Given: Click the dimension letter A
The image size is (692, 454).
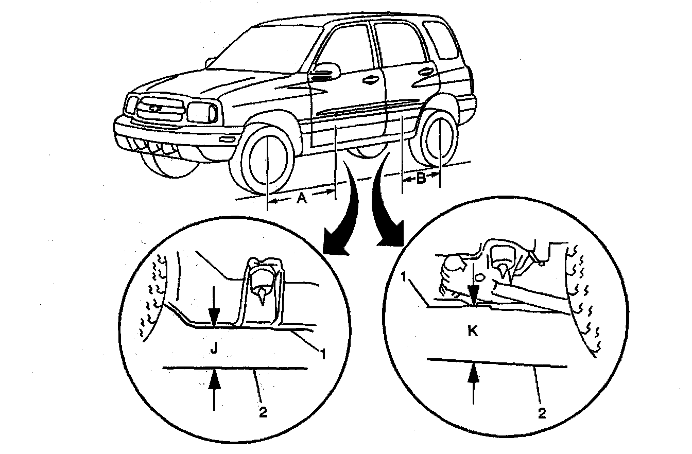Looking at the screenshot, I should click(302, 198).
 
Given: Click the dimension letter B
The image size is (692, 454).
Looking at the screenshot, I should click(421, 180).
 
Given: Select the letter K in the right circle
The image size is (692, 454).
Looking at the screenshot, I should click(473, 331).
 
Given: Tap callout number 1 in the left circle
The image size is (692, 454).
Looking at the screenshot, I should click(323, 354).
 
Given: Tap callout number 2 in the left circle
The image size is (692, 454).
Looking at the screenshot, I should click(263, 412).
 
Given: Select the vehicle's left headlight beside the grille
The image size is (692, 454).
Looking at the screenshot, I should click(202, 111).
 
